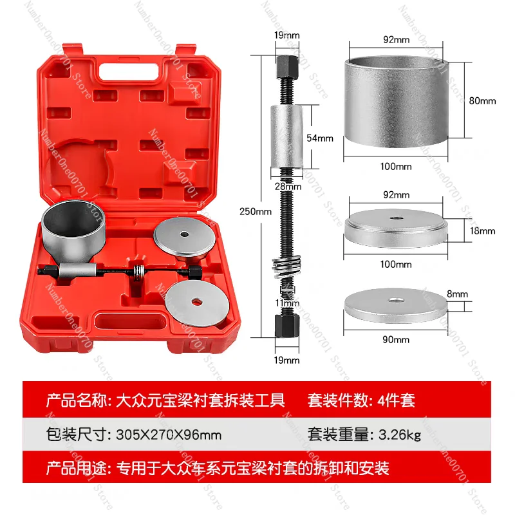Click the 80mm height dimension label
tap(483, 101)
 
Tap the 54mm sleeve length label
tap(321, 138)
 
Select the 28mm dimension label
tap(283, 186)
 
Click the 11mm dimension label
tap(283, 303)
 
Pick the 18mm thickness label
tap(483, 230)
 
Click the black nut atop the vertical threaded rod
tap(283, 65)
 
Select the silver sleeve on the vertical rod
tap(283, 138)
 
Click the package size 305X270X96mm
tap(168, 435)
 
